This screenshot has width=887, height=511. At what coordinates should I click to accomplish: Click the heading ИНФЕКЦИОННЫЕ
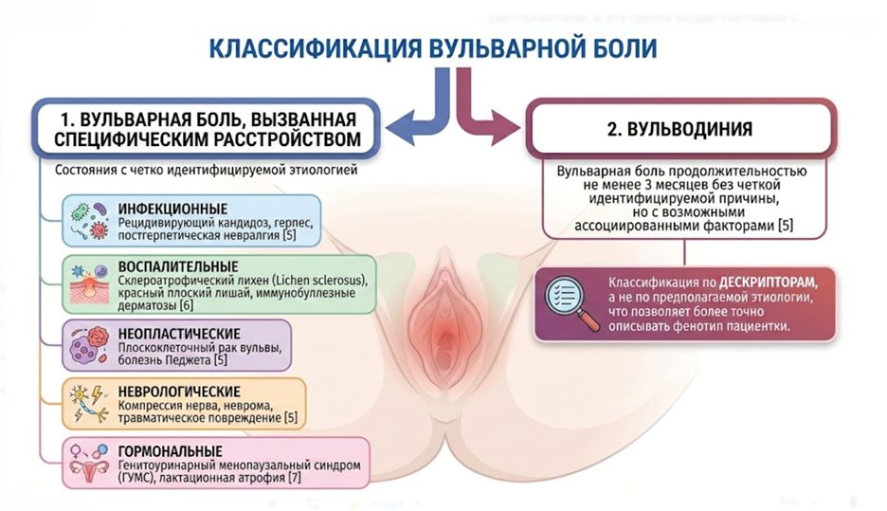point(173,208)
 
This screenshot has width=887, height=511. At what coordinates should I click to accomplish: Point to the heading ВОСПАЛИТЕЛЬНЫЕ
point(178,266)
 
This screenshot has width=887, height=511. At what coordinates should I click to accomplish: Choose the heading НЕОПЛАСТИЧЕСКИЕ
point(180,334)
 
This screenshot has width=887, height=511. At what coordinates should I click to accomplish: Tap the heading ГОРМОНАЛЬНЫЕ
point(171,450)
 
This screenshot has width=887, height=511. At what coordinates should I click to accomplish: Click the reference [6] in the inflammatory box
point(186,305)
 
